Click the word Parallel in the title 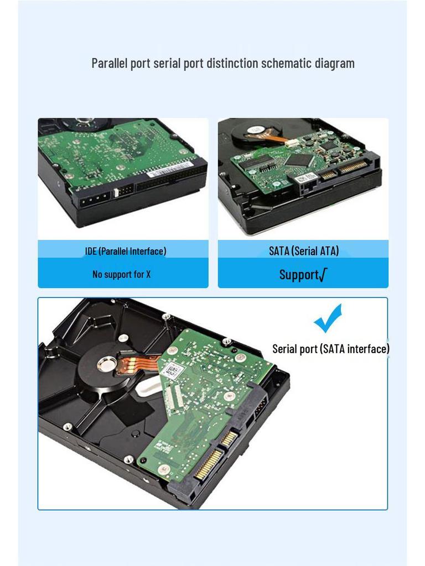(x=110, y=64)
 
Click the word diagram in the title (x=334, y=64)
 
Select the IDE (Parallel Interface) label (x=125, y=251)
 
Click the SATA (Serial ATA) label (x=304, y=251)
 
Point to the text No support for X (x=121, y=275)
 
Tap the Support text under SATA (x=303, y=275)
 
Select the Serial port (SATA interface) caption (x=331, y=349)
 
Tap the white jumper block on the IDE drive (x=122, y=192)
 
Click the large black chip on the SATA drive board (x=299, y=160)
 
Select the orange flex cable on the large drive (x=138, y=365)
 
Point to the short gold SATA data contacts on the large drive (x=229, y=438)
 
